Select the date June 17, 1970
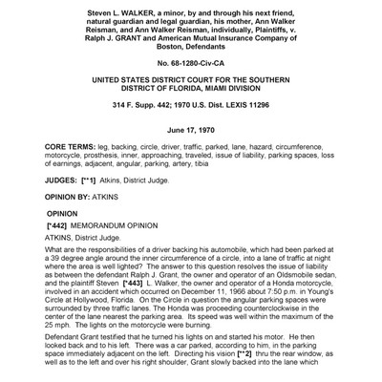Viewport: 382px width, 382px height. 191,136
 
